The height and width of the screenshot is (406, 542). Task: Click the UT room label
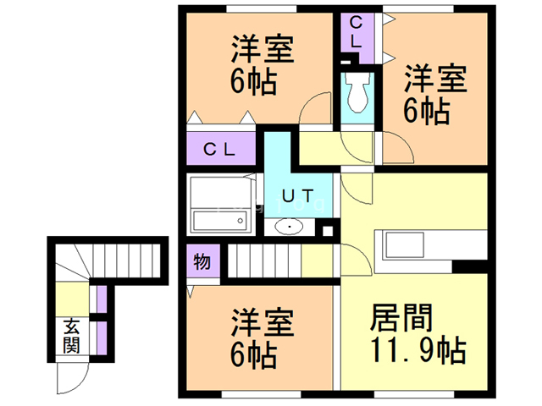296,196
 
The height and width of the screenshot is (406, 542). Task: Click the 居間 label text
402,320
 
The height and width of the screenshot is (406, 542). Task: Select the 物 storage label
202,261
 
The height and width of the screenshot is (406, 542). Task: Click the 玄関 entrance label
71,334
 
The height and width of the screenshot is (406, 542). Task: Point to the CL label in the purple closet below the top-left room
219,150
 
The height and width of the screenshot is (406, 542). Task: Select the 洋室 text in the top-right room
434,80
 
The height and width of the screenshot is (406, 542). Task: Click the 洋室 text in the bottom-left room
263,325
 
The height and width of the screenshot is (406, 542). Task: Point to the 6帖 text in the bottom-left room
253,355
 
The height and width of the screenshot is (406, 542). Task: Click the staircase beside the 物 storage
262,261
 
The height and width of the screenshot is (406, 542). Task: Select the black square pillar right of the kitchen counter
464,266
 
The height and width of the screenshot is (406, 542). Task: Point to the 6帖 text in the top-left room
253,81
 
